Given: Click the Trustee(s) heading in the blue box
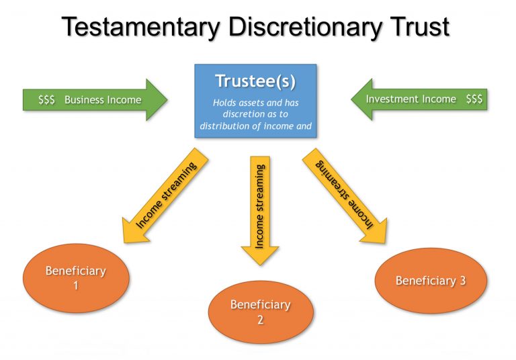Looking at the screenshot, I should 255,81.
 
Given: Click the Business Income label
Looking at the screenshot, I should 103,100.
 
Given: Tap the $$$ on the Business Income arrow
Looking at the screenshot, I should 46,100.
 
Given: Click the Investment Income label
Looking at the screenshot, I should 411,99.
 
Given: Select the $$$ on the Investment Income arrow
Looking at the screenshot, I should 474,99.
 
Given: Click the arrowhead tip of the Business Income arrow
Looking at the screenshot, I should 165,100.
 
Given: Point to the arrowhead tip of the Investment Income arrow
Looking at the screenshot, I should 353,99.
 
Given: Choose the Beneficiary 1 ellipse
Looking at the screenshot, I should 76,277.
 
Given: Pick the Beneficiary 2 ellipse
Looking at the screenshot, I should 260,312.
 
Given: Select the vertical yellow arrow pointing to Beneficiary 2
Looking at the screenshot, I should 260,208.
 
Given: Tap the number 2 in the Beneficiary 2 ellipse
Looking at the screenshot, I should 260,320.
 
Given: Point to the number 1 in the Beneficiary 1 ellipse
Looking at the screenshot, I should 76,285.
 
